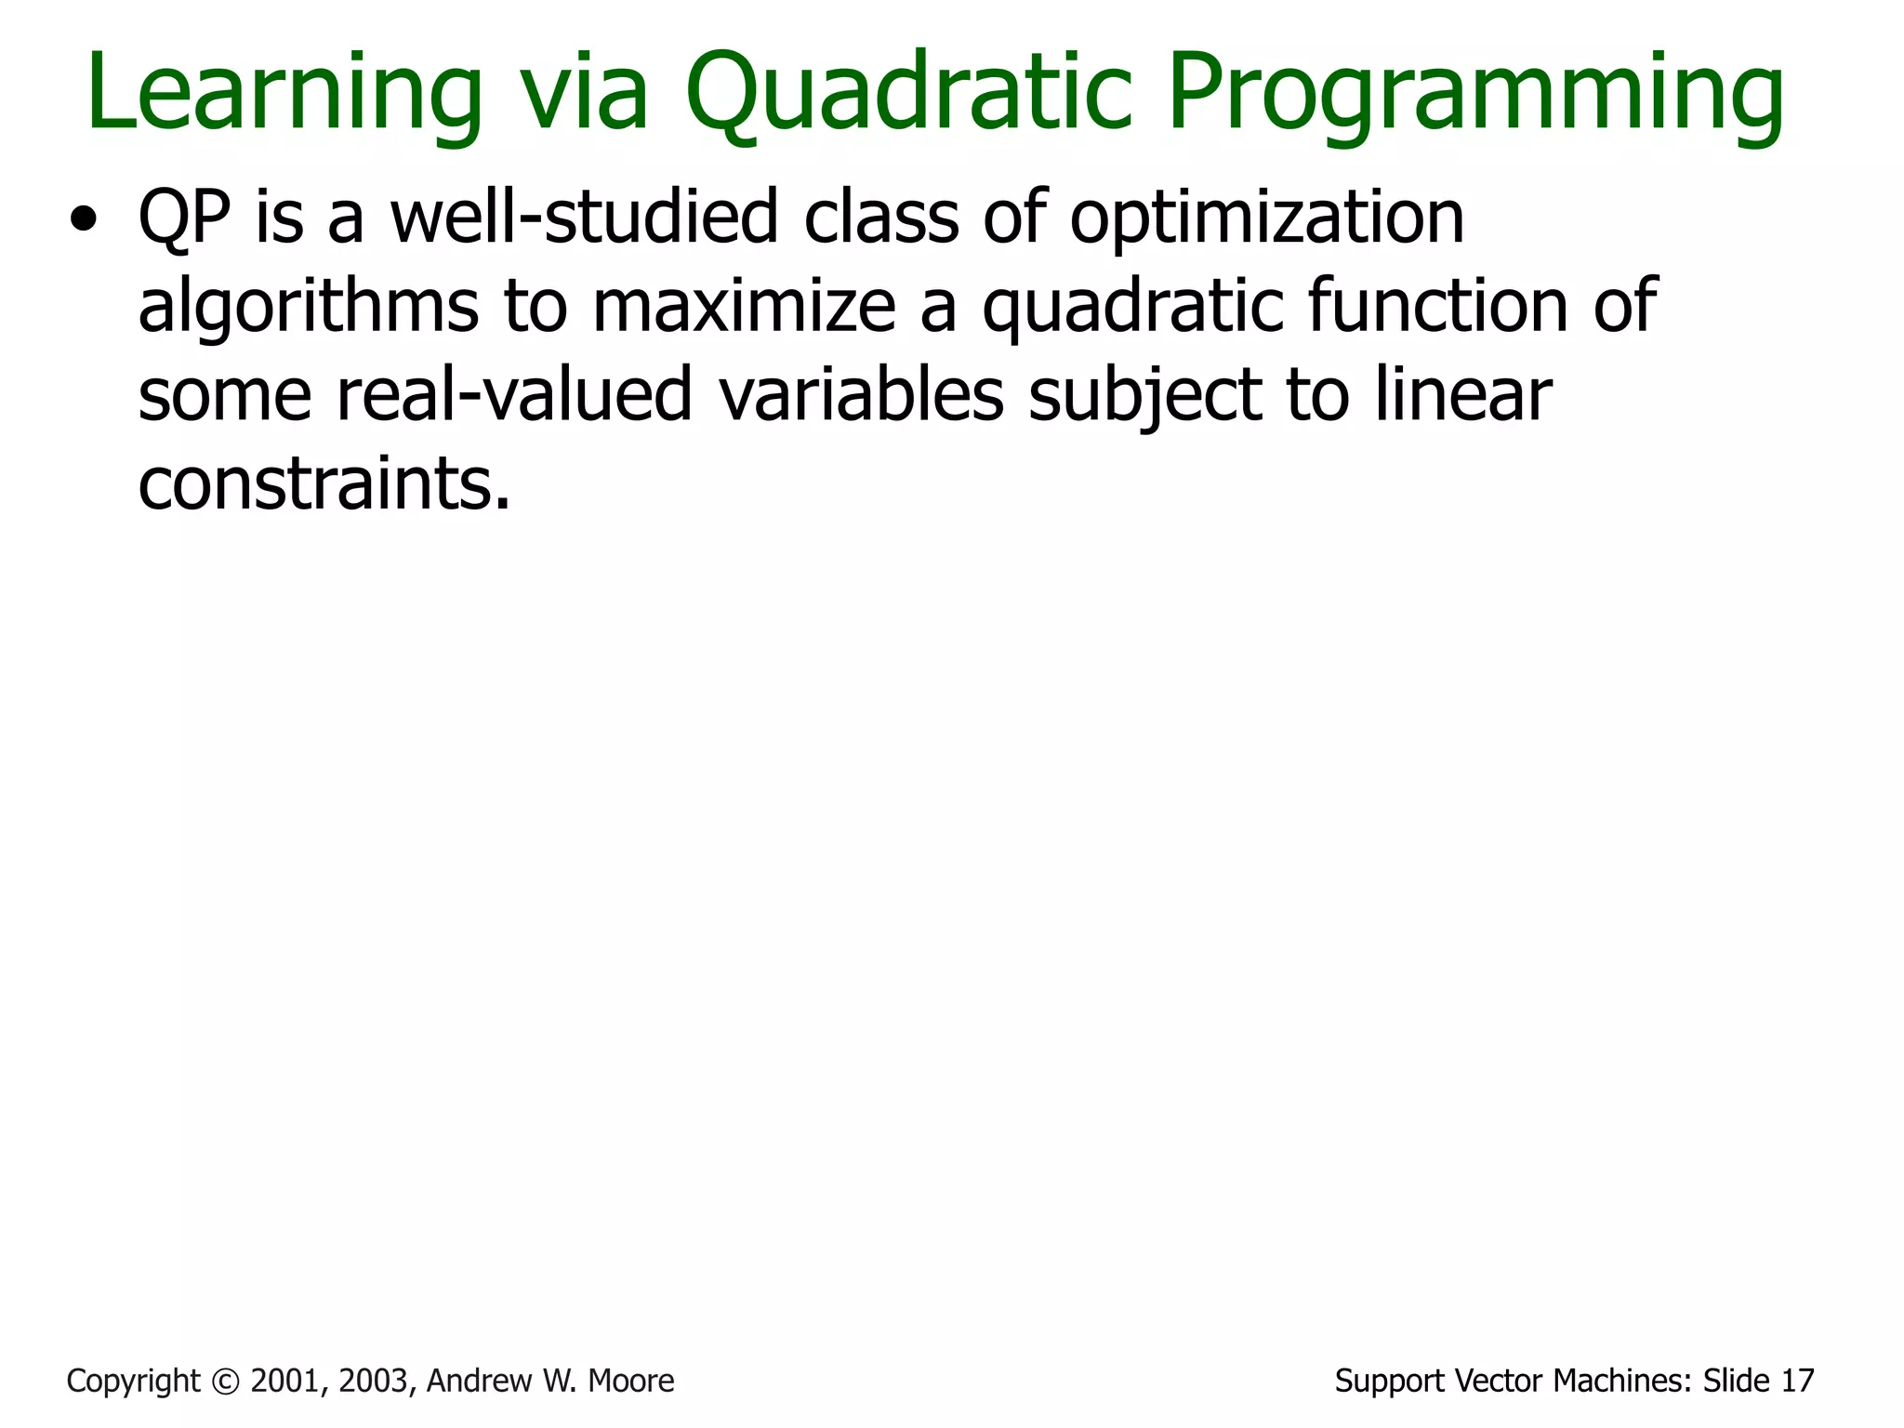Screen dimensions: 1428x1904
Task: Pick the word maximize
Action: [x=744, y=308]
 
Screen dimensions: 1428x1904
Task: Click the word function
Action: [x=1437, y=306]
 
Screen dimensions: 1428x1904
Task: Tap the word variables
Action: [x=861, y=395]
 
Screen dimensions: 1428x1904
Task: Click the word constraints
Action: [x=324, y=484]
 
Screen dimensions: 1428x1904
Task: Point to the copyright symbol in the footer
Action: [x=226, y=1382]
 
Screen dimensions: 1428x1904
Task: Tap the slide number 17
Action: [x=1797, y=1382]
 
